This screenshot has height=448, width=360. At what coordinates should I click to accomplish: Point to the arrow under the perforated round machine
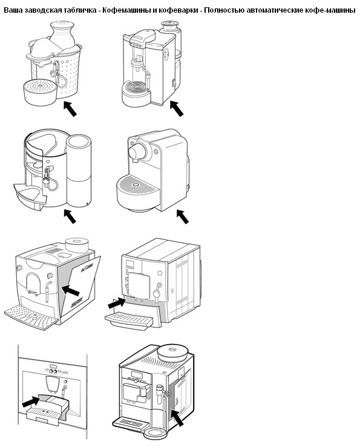(70, 109)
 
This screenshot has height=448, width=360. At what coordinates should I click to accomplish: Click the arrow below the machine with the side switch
(177, 109)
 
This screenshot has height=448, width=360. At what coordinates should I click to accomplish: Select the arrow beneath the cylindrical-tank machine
(70, 216)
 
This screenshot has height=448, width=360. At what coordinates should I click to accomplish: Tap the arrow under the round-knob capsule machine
(182, 216)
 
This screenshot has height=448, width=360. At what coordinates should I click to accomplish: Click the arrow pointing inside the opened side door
(70, 291)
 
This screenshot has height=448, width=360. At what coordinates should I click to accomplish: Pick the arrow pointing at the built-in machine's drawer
(31, 401)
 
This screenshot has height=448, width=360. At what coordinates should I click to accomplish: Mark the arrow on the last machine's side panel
(177, 418)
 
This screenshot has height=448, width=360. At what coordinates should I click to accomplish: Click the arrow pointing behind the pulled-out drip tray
(117, 303)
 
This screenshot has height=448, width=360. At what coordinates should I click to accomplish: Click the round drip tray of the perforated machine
(40, 92)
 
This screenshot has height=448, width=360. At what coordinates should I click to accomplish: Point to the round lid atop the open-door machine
(77, 245)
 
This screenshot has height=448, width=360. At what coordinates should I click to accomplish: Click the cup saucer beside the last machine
(155, 433)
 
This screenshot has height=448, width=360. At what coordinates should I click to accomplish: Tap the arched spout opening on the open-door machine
(33, 283)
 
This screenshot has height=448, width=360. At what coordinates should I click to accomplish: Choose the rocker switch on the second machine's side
(173, 83)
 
